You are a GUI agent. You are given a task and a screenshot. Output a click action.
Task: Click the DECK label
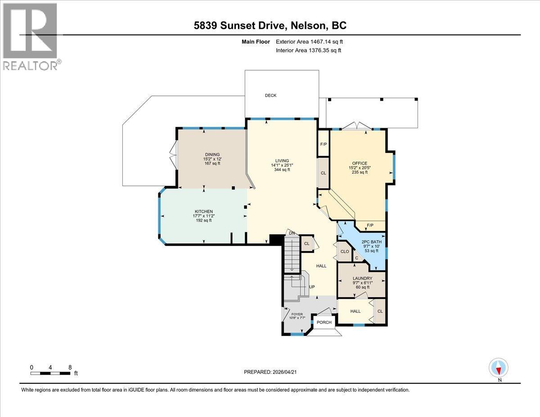point(270,95)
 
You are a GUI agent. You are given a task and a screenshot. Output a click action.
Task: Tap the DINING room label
point(212,154)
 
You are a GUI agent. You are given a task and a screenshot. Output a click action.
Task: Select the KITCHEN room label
point(203,211)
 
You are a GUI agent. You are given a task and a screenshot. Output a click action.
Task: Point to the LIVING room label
point(282,161)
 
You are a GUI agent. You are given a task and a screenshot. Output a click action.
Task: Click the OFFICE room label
point(360,163)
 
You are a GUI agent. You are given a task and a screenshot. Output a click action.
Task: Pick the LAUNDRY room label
point(363,278)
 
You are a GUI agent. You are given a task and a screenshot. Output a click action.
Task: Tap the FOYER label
point(297,314)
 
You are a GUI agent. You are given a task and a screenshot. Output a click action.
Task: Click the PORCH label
point(324,322)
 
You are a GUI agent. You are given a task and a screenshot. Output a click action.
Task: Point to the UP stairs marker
point(311,287)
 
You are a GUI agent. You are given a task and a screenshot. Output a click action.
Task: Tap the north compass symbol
point(499,368)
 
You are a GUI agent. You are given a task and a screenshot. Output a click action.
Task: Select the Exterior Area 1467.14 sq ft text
point(312,42)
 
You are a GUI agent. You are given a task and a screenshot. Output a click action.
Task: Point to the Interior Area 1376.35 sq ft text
point(309,50)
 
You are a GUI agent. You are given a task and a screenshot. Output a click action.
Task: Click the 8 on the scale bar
point(70,367)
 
